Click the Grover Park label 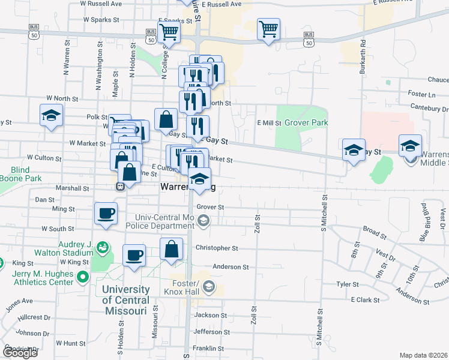306,122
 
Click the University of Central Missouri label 125,300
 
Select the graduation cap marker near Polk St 52,115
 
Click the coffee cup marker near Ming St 106,214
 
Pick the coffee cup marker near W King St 134,254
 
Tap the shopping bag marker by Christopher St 172,249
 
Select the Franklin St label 208,348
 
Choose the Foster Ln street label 421,94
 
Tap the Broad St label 374,230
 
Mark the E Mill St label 269,122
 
